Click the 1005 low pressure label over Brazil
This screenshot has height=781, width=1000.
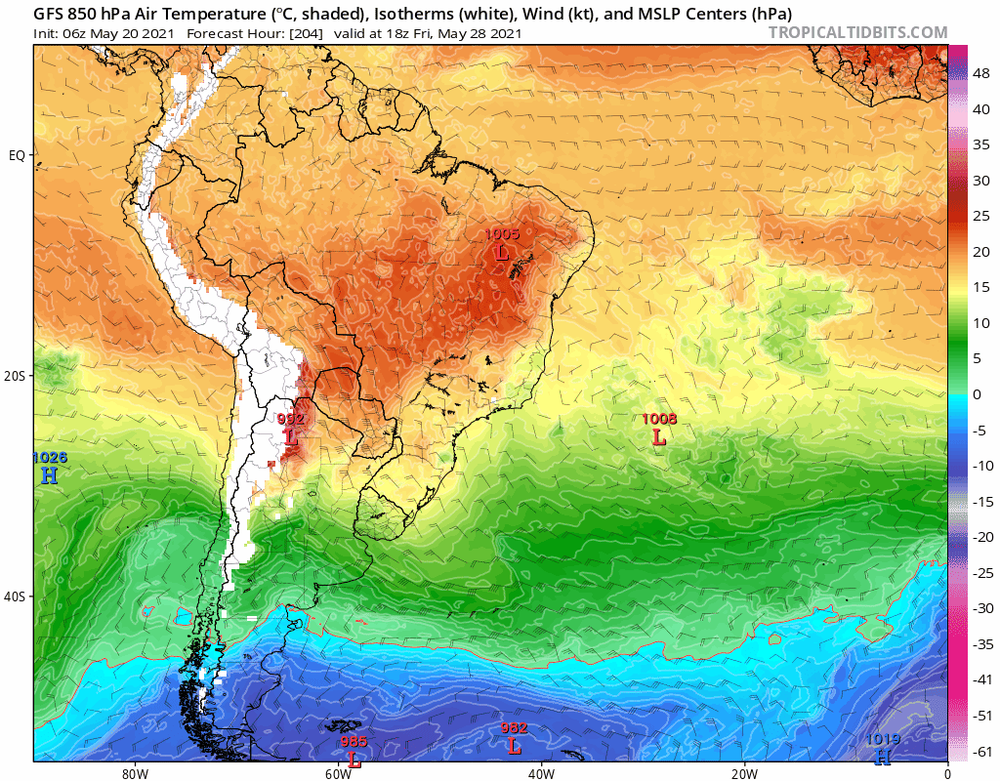coord(502,234)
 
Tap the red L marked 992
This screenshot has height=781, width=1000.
coord(291,436)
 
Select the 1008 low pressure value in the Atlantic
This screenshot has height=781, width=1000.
coord(659,420)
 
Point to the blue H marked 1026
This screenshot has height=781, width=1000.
coord(49,474)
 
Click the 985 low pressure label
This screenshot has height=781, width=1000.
coord(354,742)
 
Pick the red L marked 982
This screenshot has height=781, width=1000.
coord(514,745)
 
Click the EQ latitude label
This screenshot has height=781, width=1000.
coord(17,155)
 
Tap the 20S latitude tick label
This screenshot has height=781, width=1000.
coord(17,376)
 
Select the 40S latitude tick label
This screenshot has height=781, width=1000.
coord(17,596)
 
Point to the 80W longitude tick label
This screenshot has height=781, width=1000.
coord(135,772)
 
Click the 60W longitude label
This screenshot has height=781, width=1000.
coord(338,772)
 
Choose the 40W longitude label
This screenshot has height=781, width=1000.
coord(541,772)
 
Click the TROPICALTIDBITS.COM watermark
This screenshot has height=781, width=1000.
coord(857,33)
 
